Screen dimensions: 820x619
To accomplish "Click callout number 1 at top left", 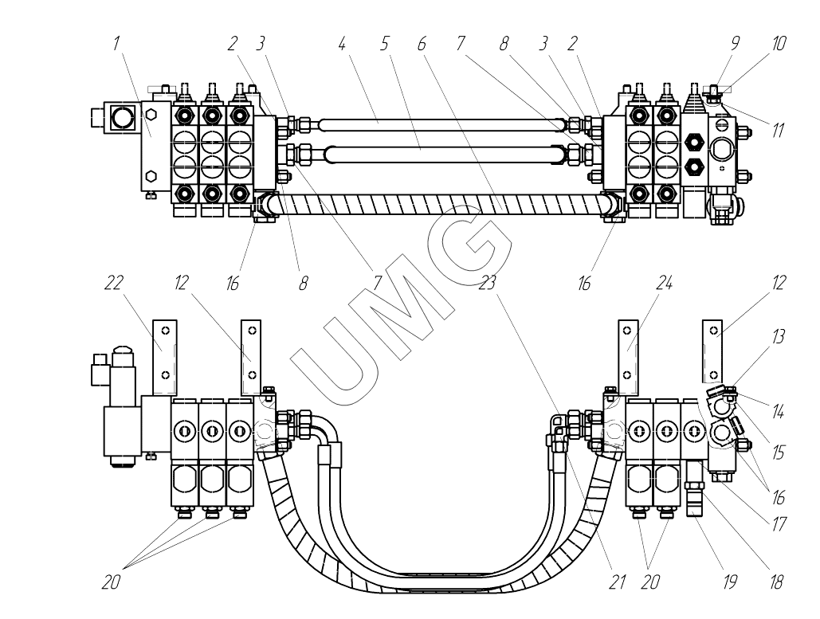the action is [x=116, y=43].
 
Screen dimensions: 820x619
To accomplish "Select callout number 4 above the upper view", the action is [x=342, y=44].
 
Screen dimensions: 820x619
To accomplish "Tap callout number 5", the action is [x=385, y=44].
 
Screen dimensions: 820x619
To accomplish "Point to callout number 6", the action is [x=422, y=44].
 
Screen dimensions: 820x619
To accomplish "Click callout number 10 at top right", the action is [x=779, y=44].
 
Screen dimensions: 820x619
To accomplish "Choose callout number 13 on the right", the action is [x=778, y=336].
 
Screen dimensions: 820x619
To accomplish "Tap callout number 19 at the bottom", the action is [x=729, y=581].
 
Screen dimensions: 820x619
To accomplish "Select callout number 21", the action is [x=617, y=581].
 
